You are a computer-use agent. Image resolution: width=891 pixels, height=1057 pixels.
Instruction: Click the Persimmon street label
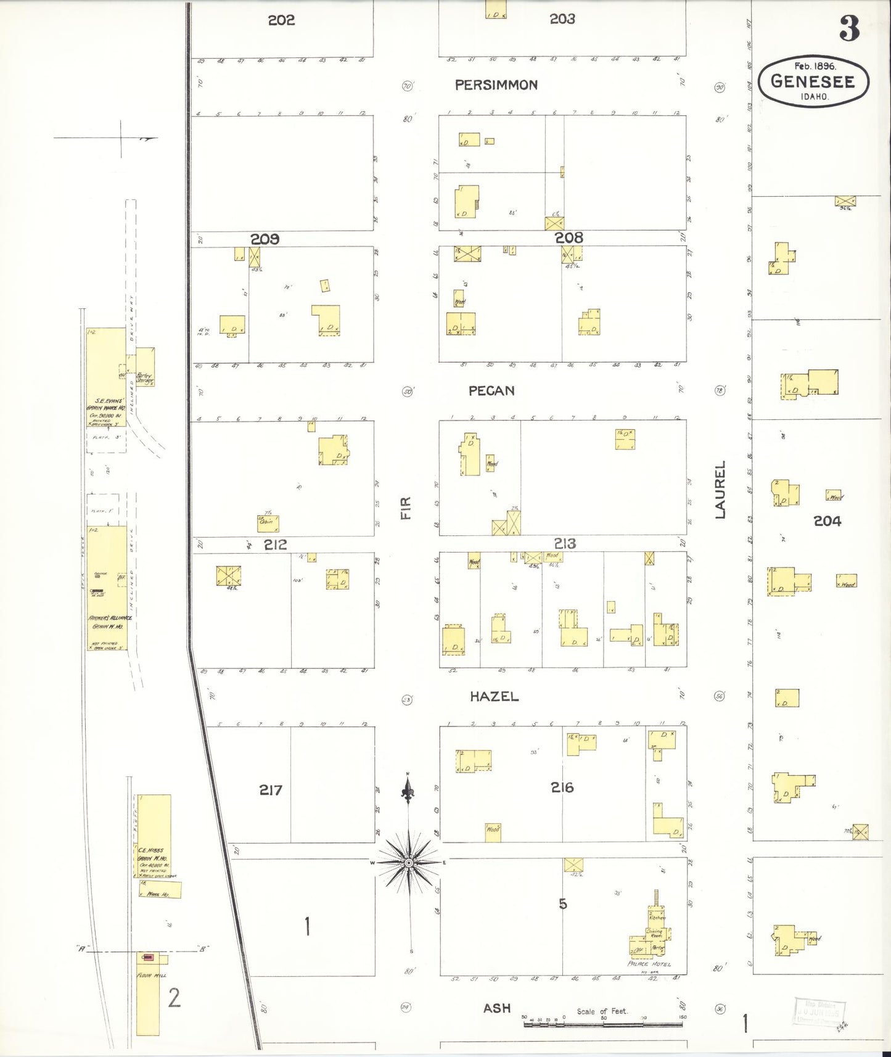[496, 85]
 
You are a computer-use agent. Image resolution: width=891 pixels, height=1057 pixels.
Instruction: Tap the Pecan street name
[491, 390]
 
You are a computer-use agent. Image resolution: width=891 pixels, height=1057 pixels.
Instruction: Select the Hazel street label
[494, 696]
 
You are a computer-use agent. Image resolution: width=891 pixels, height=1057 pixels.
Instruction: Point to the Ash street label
[496, 1008]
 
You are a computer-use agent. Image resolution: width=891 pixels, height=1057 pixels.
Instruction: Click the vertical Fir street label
[406, 508]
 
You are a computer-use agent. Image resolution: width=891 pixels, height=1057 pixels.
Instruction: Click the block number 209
[265, 239]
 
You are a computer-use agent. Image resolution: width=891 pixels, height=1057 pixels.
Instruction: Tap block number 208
[569, 237]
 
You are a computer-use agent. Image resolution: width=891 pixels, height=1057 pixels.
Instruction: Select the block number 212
[275, 545]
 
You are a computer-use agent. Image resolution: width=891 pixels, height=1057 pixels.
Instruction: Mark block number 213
[565, 543]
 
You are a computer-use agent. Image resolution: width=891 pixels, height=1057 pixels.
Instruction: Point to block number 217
[271, 789]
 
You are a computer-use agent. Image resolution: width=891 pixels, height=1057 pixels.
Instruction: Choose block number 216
[562, 787]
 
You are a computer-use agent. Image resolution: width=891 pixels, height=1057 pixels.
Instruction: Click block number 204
[827, 521]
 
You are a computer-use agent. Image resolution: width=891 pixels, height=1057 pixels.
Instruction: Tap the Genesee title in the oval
[813, 81]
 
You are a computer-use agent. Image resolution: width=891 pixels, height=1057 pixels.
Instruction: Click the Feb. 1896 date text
[814, 66]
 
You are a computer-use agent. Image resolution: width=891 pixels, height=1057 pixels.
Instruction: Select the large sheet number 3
[850, 28]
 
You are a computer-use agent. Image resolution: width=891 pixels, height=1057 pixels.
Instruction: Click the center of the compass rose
[408, 863]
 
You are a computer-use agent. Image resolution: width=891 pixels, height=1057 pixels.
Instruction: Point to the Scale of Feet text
[602, 1011]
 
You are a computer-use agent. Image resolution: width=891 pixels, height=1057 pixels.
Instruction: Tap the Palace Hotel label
[649, 964]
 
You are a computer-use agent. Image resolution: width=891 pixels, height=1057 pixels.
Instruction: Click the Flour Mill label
[152, 976]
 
